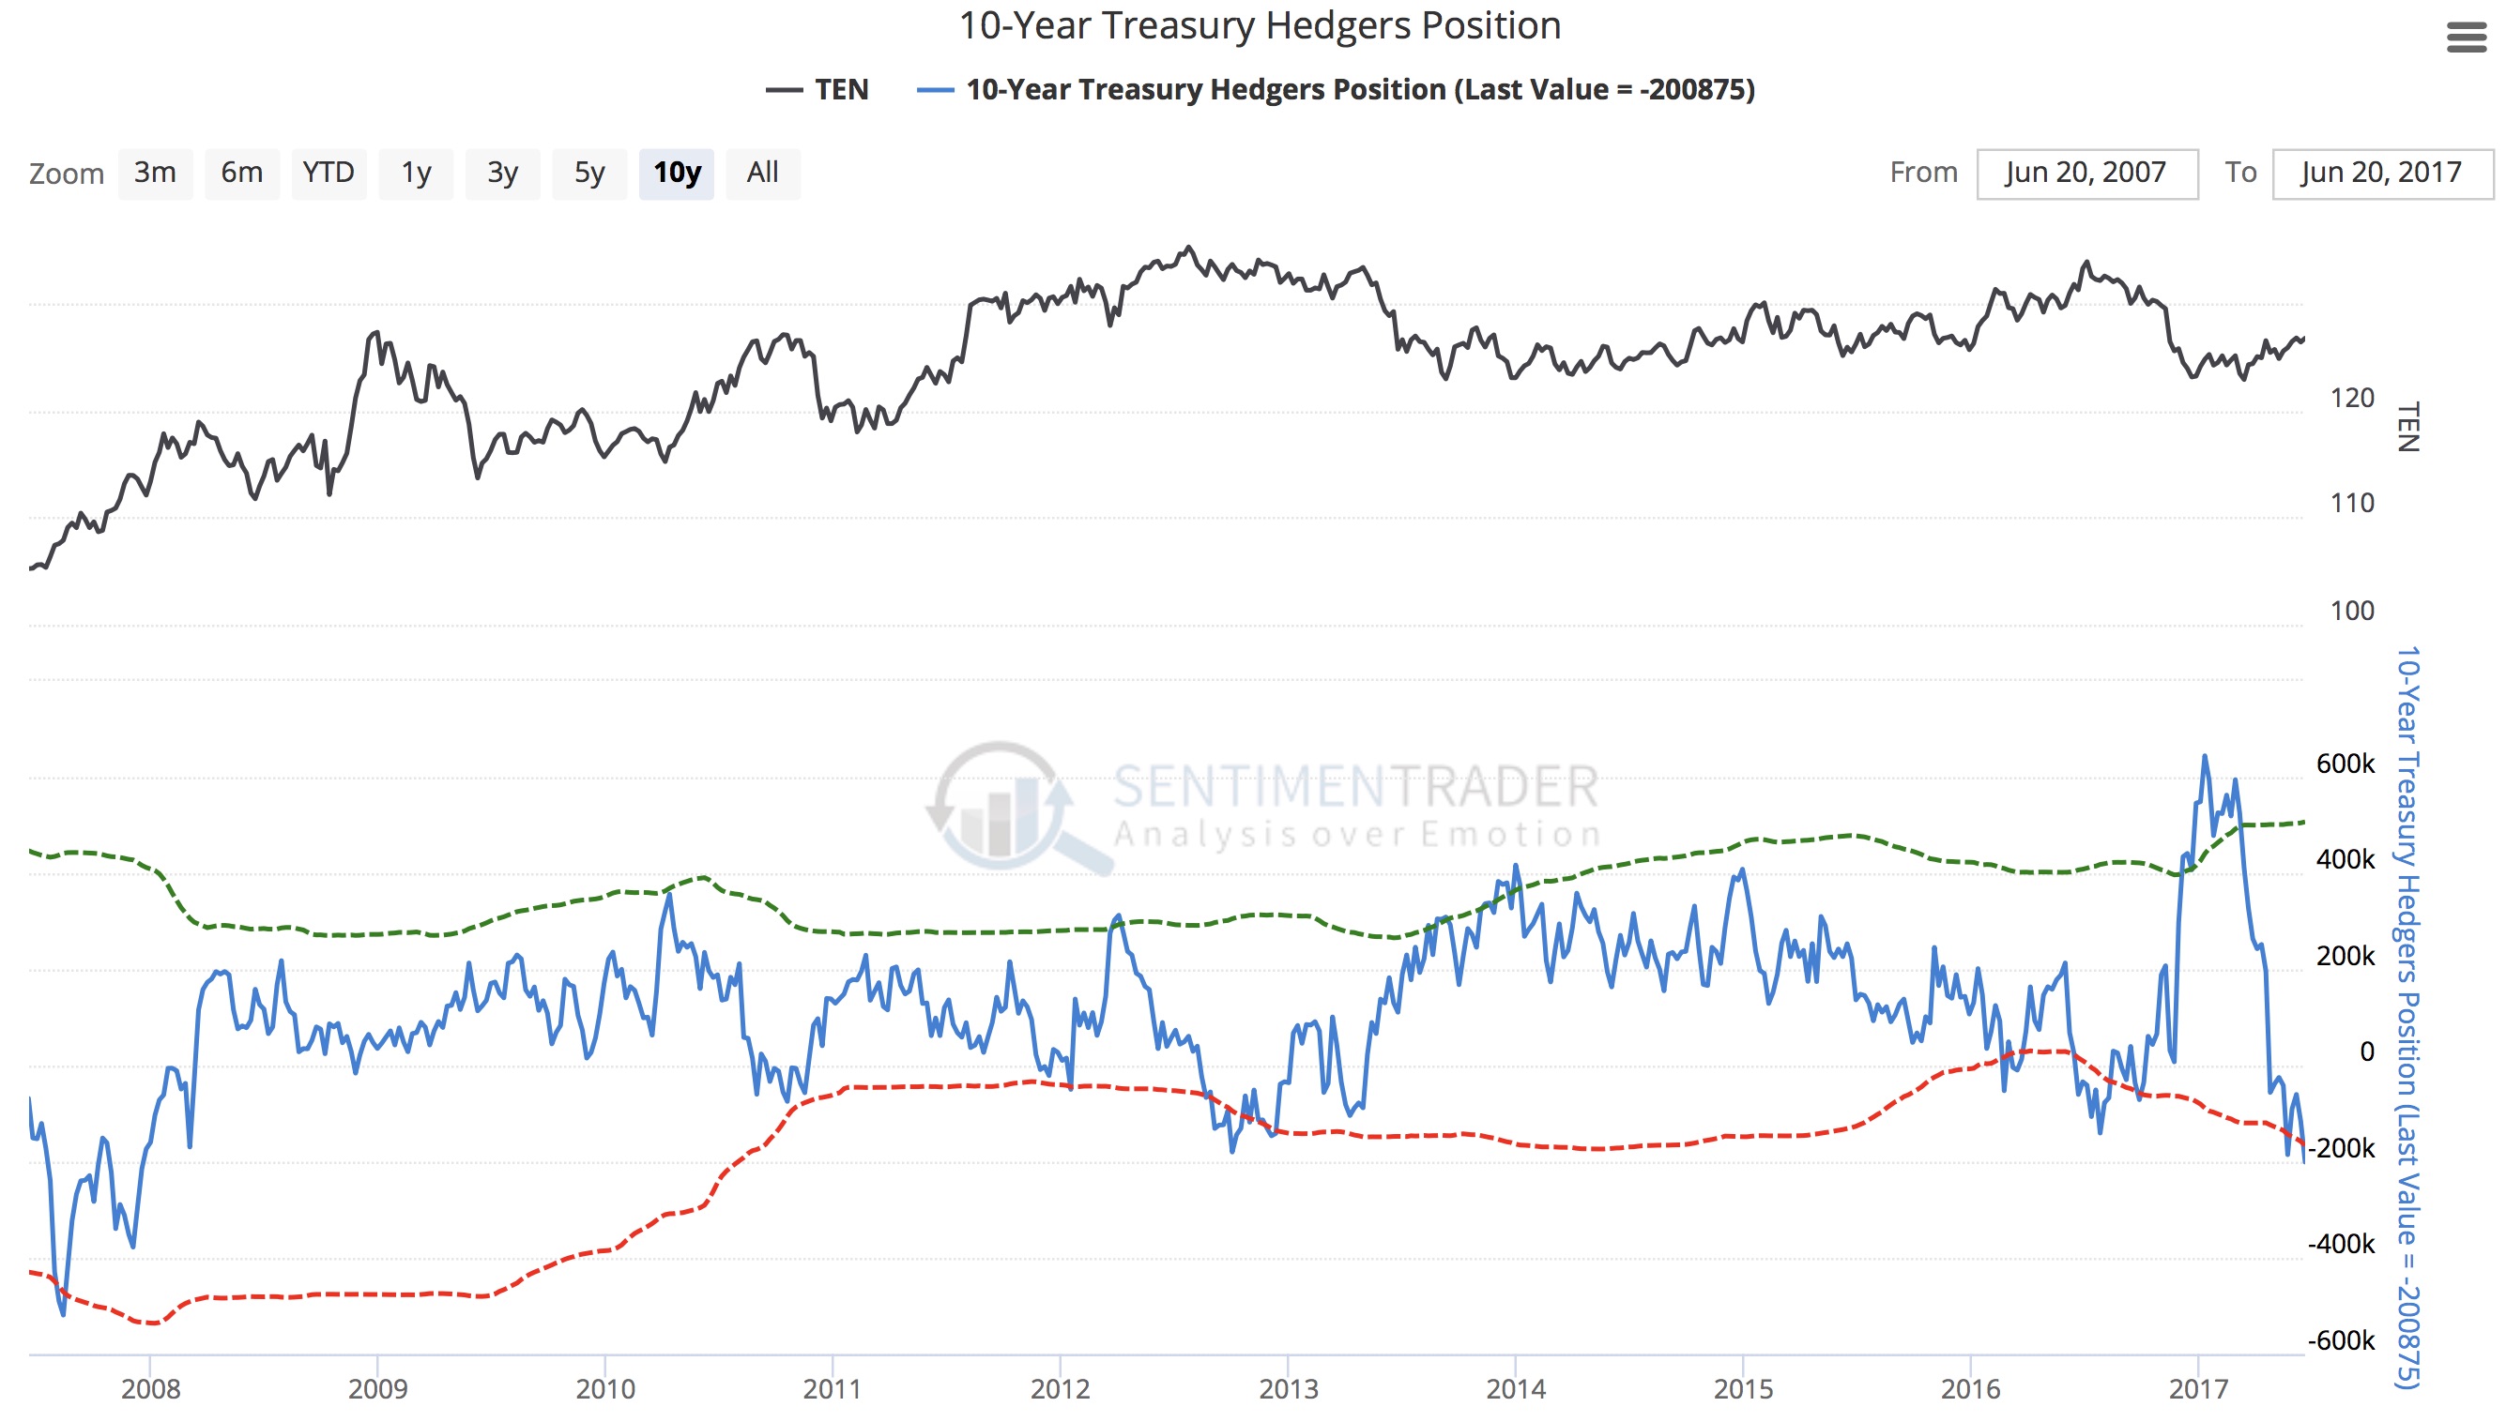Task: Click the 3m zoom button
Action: click(x=156, y=173)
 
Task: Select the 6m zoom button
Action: click(x=241, y=173)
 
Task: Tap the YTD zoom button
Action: click(x=329, y=173)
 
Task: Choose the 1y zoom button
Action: click(x=416, y=173)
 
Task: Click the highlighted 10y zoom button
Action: click(x=676, y=173)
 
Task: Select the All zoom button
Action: click(x=762, y=173)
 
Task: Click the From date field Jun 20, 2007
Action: click(x=2086, y=173)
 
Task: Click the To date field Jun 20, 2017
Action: click(x=2381, y=173)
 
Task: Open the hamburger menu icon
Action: click(x=2465, y=38)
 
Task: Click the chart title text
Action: click(x=1260, y=26)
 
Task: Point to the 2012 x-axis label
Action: click(x=1060, y=1388)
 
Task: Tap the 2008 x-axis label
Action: click(x=150, y=1388)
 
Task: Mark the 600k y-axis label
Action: click(x=2344, y=764)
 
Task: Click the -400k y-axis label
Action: click(x=2340, y=1244)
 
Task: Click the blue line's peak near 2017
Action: click(x=2204, y=757)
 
